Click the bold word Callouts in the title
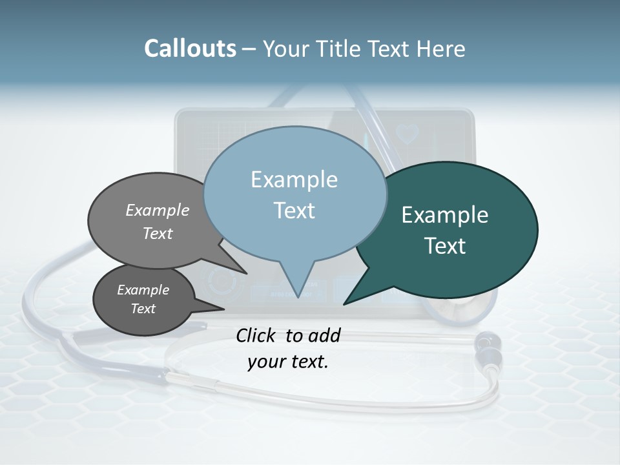click(190, 48)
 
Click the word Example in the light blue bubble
click(294, 180)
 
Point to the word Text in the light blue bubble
click(294, 211)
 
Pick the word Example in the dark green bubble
click(445, 215)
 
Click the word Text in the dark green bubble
click(445, 246)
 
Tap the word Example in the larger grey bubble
click(158, 210)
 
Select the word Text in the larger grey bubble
click(158, 233)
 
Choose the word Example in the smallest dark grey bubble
click(143, 290)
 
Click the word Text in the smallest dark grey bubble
click(143, 309)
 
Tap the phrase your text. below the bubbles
click(288, 362)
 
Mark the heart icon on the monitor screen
click(407, 134)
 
